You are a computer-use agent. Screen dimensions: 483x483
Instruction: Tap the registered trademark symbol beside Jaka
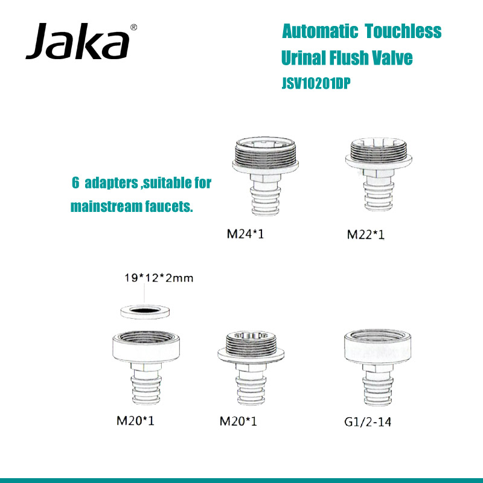pos(133,27)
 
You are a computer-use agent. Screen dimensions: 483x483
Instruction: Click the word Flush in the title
pos(353,58)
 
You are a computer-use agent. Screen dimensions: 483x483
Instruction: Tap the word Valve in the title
pos(395,58)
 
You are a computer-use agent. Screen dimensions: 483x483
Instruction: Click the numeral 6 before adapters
pos(75,182)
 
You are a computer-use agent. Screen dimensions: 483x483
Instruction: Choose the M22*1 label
pos(366,235)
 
